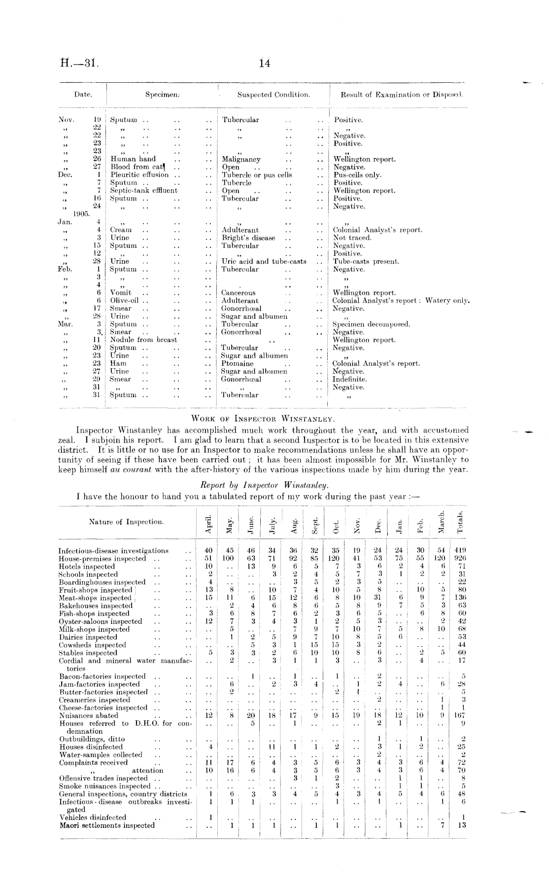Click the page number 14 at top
tap(265, 64)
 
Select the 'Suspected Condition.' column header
tap(274, 95)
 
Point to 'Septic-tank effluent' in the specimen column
tap(143, 191)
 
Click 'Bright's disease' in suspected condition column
tap(248, 238)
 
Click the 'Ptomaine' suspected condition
tap(238, 364)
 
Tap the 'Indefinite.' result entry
tap(349, 379)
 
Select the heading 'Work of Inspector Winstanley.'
tap(263, 419)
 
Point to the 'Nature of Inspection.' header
tap(126, 522)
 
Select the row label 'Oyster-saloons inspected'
tap(101, 622)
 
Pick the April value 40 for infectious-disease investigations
tap(209, 551)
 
